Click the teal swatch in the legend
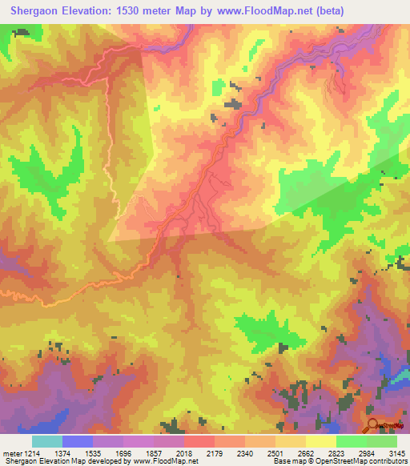[46, 441]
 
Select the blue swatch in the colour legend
[77, 441]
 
